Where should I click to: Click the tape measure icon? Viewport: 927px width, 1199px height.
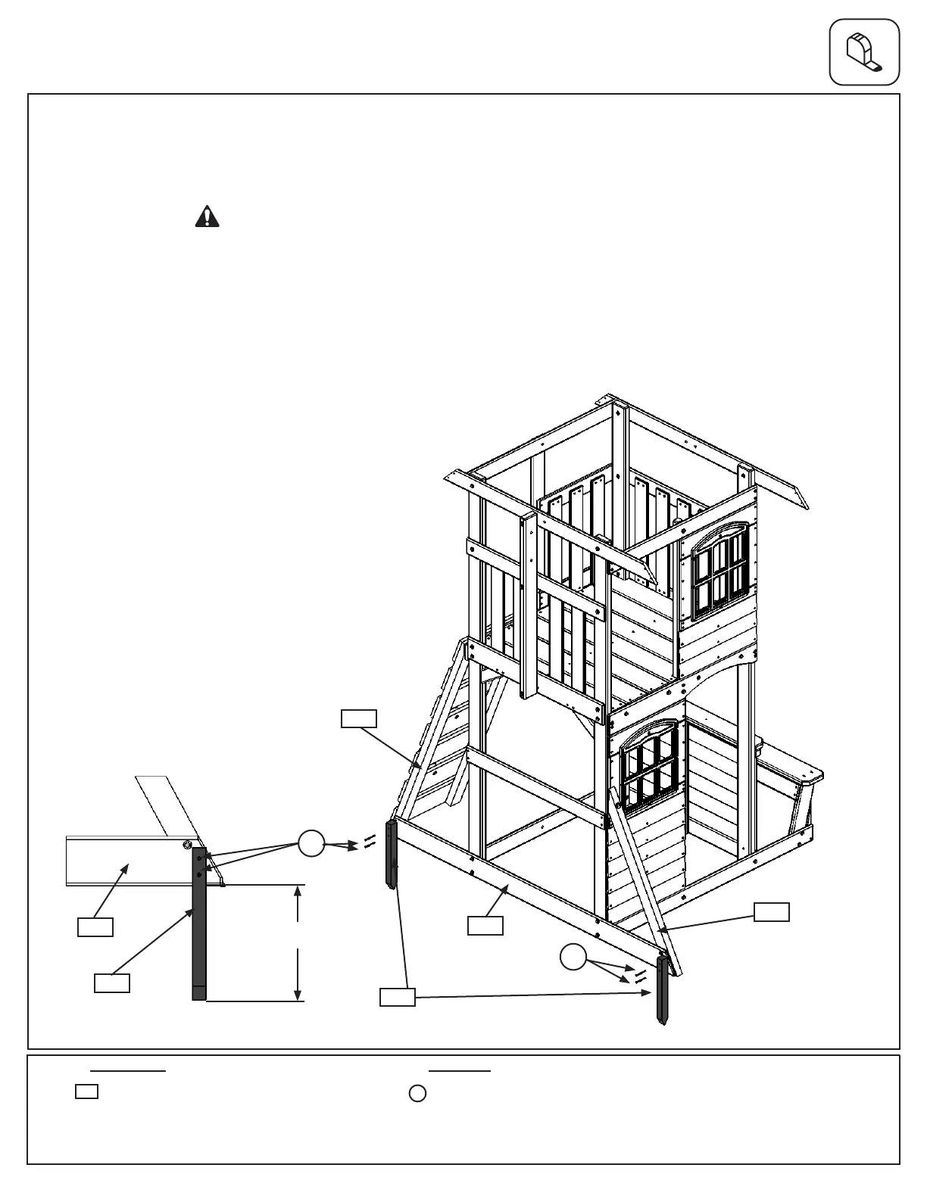click(864, 52)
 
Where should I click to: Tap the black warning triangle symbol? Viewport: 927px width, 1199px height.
click(207, 217)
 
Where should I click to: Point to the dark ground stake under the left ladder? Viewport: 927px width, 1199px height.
click(392, 855)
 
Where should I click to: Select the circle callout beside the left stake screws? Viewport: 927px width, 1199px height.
click(311, 843)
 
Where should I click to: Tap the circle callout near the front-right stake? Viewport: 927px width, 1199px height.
click(573, 958)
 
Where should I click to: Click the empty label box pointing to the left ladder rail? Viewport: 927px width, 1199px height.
click(359, 718)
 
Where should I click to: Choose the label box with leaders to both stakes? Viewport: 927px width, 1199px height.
click(397, 998)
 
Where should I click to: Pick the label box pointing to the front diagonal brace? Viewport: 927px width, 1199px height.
click(772, 912)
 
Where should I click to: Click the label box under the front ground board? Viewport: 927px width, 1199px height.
click(485, 926)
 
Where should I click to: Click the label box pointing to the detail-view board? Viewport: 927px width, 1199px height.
click(95, 927)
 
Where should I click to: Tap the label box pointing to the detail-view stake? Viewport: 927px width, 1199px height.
click(112, 983)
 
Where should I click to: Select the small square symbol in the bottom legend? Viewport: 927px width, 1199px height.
click(87, 1092)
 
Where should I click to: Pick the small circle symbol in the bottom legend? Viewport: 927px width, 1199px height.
click(417, 1094)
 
